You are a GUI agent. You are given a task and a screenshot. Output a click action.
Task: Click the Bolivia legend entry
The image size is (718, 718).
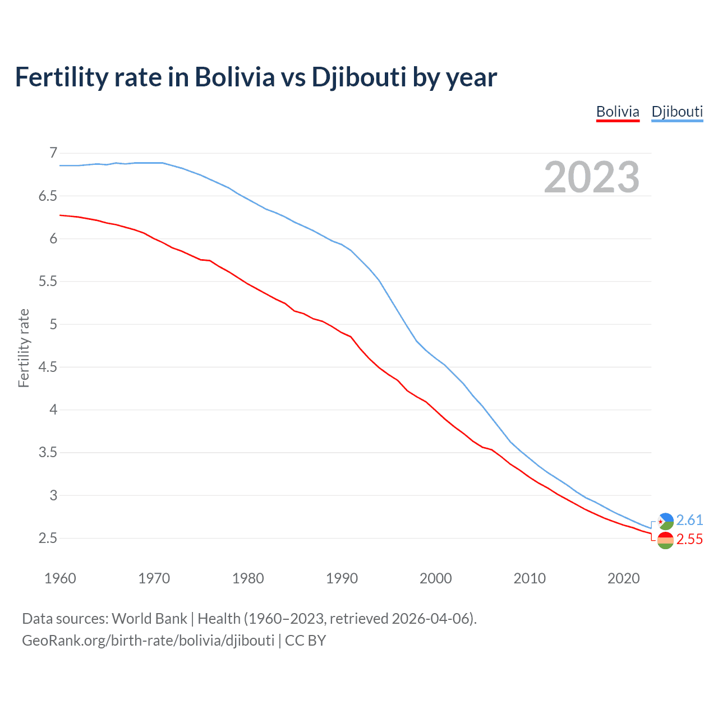tap(618, 112)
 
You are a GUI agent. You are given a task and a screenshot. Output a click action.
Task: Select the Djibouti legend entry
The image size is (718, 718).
tap(677, 112)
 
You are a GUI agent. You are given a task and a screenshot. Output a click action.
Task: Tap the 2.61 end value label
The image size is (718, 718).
tap(689, 520)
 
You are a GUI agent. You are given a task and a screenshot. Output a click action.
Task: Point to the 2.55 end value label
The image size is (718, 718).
tap(689, 539)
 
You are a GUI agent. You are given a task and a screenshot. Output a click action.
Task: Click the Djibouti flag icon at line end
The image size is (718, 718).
tap(665, 521)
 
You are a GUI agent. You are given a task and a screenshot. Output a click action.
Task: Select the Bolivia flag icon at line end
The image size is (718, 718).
tap(665, 541)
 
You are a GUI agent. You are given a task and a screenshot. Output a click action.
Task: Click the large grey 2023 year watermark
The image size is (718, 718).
tap(591, 177)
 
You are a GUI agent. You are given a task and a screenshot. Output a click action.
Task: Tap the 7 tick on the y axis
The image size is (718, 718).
tap(53, 153)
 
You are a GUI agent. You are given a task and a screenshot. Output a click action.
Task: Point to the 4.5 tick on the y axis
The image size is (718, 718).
tap(48, 367)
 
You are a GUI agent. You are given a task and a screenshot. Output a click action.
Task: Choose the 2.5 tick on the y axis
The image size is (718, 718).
tap(48, 538)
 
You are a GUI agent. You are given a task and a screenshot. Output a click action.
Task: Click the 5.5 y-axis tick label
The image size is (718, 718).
tap(48, 281)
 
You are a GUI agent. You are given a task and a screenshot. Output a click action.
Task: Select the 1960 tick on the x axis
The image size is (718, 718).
tap(60, 578)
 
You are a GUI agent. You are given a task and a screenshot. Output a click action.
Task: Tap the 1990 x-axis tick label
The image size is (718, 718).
tap(342, 578)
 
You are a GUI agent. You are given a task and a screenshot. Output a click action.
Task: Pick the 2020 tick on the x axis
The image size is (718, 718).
tap(623, 578)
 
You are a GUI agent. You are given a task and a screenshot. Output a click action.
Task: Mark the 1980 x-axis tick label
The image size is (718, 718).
tap(248, 578)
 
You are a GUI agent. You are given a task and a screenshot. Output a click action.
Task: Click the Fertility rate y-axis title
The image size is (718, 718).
tap(24, 348)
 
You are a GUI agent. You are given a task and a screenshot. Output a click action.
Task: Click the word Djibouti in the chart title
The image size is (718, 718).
tap(358, 77)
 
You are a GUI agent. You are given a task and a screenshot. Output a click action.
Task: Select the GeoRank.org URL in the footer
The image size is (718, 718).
tap(148, 641)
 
